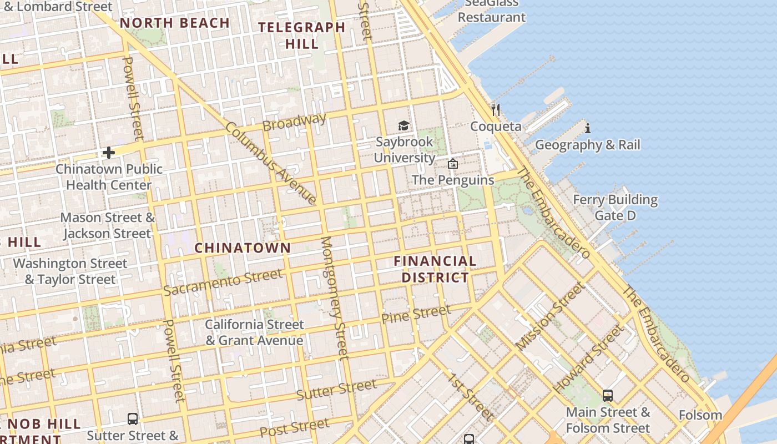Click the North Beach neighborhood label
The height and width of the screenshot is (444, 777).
[x=174, y=23]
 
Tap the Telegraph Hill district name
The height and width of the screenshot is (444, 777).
[x=301, y=35]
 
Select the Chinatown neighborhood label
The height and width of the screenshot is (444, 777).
[x=243, y=248]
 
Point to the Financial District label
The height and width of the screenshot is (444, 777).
[x=435, y=269]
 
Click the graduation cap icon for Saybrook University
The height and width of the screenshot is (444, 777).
[x=403, y=126]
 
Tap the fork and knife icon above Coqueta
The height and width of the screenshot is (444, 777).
[x=496, y=110]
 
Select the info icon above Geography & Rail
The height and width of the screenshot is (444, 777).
[x=587, y=129]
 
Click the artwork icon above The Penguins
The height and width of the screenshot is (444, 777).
[x=453, y=164]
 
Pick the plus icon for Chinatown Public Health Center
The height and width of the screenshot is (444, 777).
[x=109, y=152]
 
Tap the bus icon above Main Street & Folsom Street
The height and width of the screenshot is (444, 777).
[x=608, y=396]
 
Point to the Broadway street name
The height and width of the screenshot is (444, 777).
[x=294, y=122]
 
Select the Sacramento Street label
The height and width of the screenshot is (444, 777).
[x=223, y=282]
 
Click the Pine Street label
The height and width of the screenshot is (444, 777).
[x=416, y=314]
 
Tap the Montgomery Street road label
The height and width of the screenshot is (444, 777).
[x=335, y=298]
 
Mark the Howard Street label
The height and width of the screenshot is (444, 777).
[x=589, y=359]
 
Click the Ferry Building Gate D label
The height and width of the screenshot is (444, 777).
[x=615, y=208]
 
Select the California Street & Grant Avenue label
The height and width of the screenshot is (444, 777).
[x=255, y=332]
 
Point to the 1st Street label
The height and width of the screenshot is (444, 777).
[x=471, y=396]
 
